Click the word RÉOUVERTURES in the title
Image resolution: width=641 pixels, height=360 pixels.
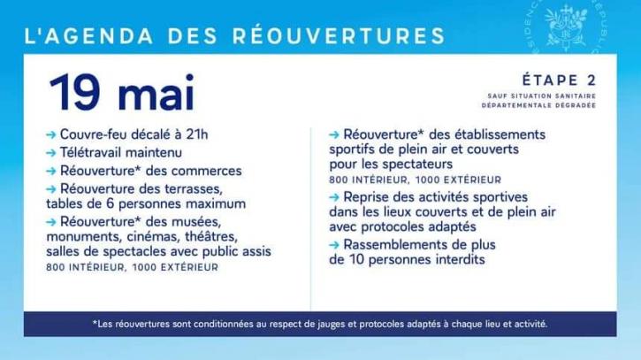[x=339, y=35]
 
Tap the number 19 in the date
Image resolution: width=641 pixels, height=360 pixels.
[x=75, y=93]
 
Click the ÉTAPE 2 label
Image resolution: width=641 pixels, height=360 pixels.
[x=559, y=80]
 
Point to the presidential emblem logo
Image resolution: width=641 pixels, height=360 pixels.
[x=565, y=26]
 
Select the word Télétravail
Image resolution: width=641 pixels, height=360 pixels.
[x=91, y=153]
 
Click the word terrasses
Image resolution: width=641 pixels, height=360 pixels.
[x=194, y=189]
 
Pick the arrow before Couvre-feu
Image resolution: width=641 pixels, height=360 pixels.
[x=51, y=135]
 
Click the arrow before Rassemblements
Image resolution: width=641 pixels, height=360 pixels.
[x=334, y=245]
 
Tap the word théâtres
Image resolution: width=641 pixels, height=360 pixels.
[x=211, y=237]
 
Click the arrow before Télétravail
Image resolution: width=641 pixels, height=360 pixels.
[x=51, y=153]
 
